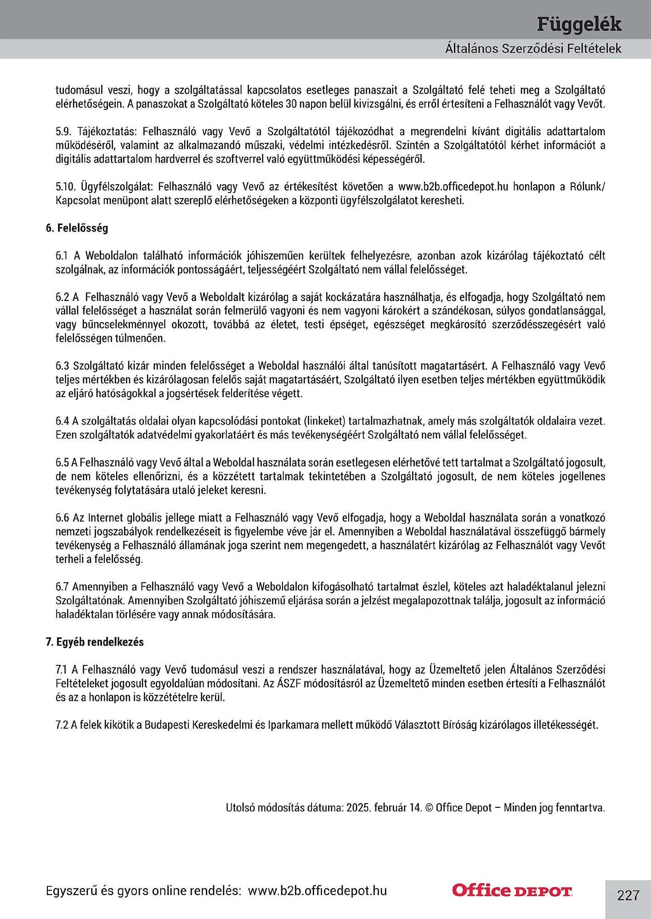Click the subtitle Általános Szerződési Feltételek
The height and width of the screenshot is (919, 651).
pos(533,49)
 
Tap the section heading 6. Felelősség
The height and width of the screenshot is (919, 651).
pos(77,228)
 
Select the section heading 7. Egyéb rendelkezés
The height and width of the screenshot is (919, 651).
pos(95,642)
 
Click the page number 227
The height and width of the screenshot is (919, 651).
pos(628,895)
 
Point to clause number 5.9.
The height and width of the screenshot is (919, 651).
pos(63,131)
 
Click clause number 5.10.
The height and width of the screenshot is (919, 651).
pos(65,187)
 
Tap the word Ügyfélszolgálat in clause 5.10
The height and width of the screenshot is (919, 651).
pos(119,187)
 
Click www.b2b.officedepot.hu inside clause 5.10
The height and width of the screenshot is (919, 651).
pos(453,187)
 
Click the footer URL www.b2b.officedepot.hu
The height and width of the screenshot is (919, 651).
pos(317,891)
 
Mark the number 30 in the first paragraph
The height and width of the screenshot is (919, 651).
pos(291,104)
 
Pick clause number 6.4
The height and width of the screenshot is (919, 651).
pos(62,421)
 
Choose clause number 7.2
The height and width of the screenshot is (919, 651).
pos(62,725)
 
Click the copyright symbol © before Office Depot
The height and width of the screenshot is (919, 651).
pos(429,807)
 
